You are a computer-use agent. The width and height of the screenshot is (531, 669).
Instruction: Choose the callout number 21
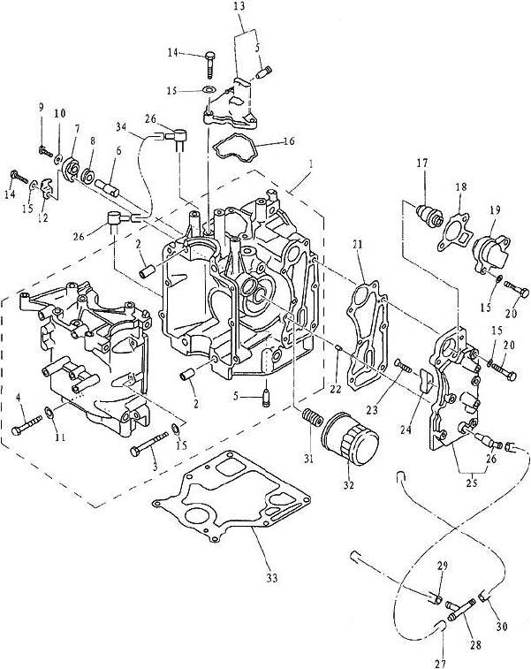click(359, 245)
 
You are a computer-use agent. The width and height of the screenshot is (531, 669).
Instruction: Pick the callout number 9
click(41, 106)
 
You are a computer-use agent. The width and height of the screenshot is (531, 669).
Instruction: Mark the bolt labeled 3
click(147, 445)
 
